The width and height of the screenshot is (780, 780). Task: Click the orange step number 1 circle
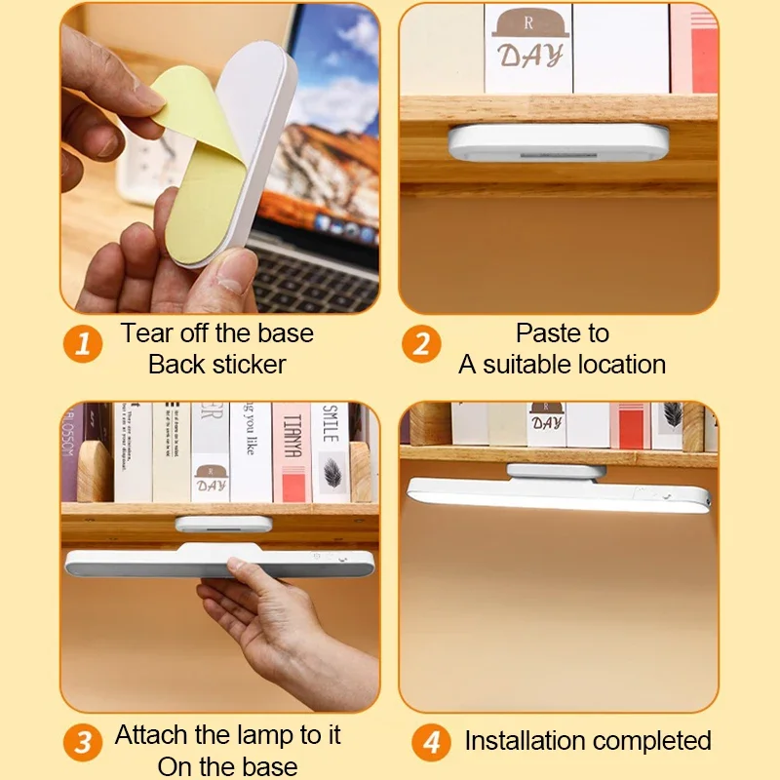(83, 344)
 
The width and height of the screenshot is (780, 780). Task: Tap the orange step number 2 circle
(421, 344)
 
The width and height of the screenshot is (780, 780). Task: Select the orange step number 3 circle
(83, 743)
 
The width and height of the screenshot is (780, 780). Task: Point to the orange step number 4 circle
(430, 743)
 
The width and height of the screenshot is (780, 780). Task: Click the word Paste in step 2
(548, 333)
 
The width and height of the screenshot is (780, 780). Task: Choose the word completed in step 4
(655, 741)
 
